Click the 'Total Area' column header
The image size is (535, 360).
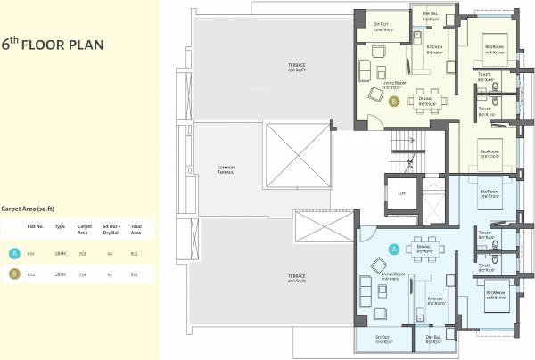(136, 229)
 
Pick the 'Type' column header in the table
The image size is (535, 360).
(61, 227)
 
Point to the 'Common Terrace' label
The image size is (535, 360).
(225, 169)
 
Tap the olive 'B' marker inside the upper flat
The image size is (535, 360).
(393, 102)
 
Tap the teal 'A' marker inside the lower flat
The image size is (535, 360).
(393, 249)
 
